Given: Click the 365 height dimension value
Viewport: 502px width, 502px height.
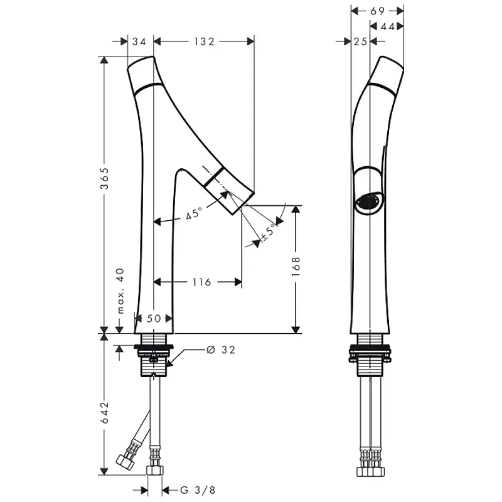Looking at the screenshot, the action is click(105, 178).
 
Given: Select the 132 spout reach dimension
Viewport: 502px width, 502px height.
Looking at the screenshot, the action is click(204, 41).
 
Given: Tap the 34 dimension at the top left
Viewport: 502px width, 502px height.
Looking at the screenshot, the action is click(139, 41).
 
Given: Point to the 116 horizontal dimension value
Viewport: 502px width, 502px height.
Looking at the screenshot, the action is click(201, 282).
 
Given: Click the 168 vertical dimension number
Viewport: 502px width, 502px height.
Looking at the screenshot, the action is click(296, 267).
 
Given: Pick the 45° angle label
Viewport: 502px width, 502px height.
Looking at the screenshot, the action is click(194, 213).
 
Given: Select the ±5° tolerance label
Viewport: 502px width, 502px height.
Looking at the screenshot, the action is click(269, 232).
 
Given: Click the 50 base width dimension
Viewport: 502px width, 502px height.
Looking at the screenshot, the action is click(154, 319).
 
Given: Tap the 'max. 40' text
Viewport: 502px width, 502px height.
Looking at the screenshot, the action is click(120, 291).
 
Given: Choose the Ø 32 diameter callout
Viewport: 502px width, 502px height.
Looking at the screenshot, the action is click(221, 350).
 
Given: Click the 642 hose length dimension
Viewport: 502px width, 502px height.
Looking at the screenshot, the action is click(105, 413).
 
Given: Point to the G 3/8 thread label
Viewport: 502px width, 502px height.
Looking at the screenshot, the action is click(198, 490).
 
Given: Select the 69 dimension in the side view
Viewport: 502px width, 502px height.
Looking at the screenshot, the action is click(377, 11).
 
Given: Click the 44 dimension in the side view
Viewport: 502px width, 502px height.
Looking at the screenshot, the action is click(387, 26).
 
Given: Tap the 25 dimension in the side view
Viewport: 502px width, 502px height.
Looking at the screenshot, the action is click(360, 41).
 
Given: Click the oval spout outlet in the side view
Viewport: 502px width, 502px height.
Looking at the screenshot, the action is click(368, 202).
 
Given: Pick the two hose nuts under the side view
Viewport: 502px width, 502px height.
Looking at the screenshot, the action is click(370, 472).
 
